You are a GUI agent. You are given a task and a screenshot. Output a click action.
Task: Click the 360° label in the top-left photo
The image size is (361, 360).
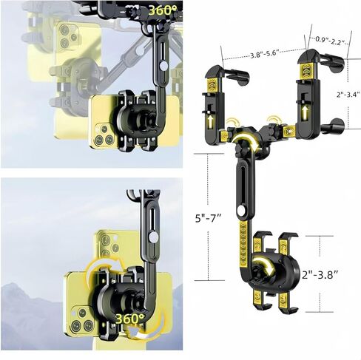click(x=163, y=10)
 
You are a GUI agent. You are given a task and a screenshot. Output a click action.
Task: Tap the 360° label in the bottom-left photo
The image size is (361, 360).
click(x=130, y=319)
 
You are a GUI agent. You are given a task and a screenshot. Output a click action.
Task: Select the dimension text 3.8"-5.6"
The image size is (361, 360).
click(x=265, y=54)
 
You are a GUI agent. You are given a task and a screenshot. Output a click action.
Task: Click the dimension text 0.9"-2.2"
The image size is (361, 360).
click(x=330, y=41)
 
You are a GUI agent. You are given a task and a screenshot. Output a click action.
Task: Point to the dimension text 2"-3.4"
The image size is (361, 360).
click(x=348, y=95)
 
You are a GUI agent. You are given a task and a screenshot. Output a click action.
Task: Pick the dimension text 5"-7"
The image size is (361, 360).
click(x=208, y=218)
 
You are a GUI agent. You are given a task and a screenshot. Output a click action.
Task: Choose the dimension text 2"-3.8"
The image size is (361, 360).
click(x=320, y=275)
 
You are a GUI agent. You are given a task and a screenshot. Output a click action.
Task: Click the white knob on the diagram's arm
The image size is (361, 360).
click(x=241, y=211)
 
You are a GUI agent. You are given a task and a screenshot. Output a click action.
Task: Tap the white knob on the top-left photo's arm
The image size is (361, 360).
click(x=163, y=66)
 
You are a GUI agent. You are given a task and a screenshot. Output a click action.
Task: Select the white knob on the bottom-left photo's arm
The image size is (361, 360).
click(x=153, y=237)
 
